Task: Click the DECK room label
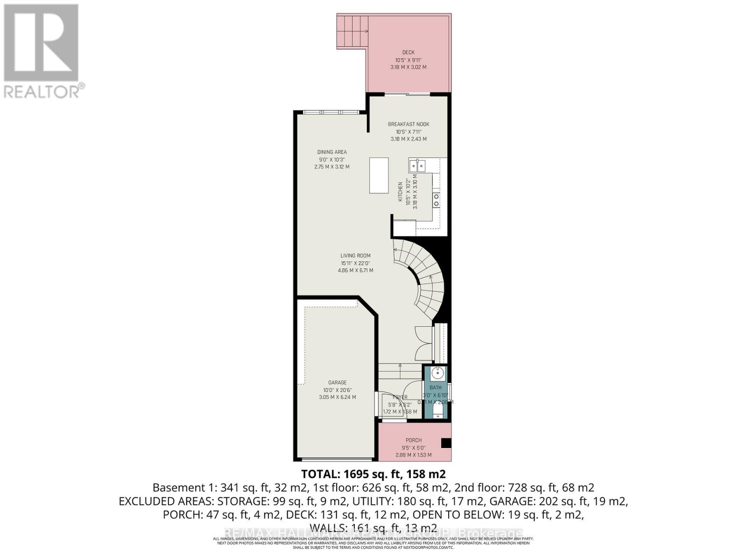408,52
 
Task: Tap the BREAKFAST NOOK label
409,124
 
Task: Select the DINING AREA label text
332,152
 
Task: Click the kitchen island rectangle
379,175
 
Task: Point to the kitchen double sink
417,165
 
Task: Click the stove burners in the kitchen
436,200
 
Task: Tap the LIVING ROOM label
355,256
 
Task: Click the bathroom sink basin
437,373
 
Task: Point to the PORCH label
414,440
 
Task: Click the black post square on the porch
446,443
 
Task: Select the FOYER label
400,397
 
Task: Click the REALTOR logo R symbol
41,43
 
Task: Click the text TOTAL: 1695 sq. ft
352,474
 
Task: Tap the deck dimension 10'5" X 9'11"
408,60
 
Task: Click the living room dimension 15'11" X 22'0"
355,263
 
